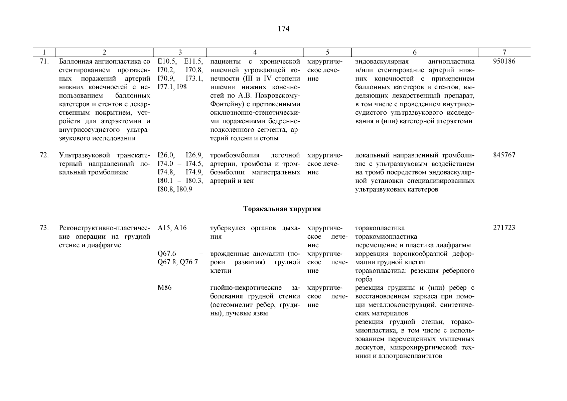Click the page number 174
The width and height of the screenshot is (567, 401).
point(283,29)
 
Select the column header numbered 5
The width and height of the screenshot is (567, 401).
point(327,52)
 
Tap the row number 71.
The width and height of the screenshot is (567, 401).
point(44,61)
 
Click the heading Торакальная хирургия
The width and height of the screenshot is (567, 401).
point(282,209)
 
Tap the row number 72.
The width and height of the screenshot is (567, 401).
point(44,155)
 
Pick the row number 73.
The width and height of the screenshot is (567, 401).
point(44,228)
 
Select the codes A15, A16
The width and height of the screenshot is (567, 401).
point(172,228)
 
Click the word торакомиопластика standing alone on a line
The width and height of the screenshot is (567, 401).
point(386,237)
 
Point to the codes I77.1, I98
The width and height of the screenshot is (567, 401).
point(172,87)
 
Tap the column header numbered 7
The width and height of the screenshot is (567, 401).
point(504,52)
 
